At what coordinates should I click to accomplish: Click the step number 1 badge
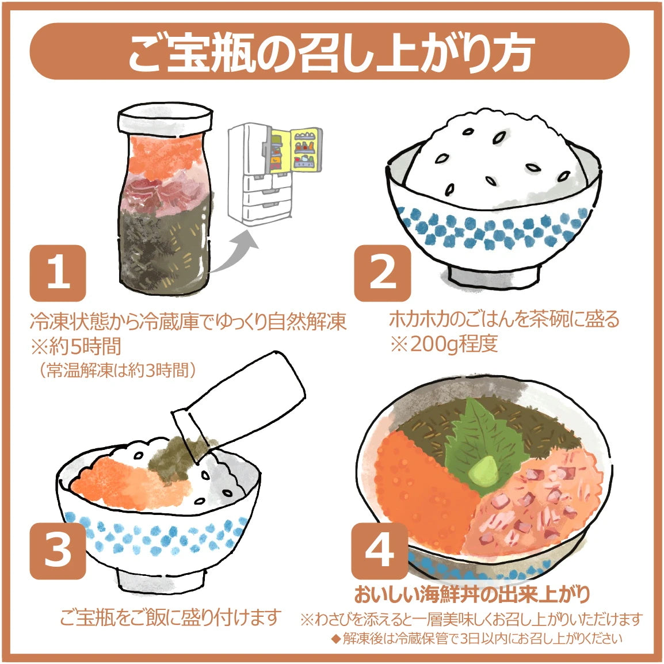pos(58,273)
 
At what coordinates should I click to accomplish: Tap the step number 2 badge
pos(382,273)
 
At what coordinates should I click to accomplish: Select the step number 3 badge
pos(58,549)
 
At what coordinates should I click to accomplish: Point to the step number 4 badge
pos(379,549)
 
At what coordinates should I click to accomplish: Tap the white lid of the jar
pos(165,120)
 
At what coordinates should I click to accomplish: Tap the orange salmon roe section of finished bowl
pos(414,489)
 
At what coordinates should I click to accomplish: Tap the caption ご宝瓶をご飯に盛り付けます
pos(170,617)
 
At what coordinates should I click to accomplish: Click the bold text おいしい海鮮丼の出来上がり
pos(472,593)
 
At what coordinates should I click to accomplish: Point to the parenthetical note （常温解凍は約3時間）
pos(118,370)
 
